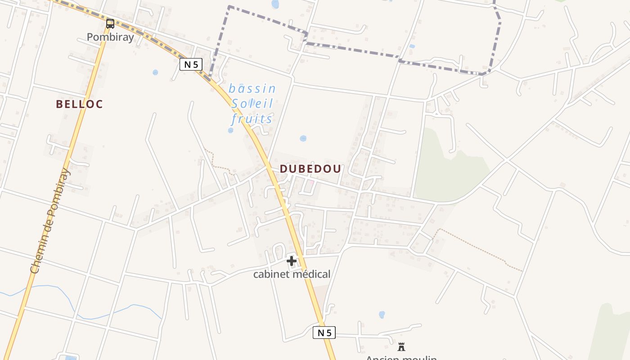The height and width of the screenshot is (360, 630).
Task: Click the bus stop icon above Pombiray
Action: click(x=110, y=23)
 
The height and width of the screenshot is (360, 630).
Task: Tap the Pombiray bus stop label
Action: click(x=110, y=37)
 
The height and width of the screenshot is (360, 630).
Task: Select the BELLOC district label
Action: click(x=79, y=104)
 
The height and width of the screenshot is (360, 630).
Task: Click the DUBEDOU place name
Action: click(x=310, y=169)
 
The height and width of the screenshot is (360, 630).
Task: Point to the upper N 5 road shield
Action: click(x=191, y=64)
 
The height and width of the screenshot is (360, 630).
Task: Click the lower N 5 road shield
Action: click(x=324, y=333)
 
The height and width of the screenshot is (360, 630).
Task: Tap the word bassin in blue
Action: click(x=252, y=89)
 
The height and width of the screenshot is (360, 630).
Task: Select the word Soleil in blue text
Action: click(x=252, y=104)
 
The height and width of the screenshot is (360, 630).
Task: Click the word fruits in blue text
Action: click(x=252, y=119)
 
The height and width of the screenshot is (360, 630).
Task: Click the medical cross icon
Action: click(x=291, y=261)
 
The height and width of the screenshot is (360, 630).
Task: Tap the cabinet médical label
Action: click(x=292, y=274)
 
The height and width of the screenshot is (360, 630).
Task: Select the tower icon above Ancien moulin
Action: click(x=401, y=346)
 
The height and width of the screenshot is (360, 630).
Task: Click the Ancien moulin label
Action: click(x=401, y=358)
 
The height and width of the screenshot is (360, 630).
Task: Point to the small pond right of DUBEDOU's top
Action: click(x=303, y=139)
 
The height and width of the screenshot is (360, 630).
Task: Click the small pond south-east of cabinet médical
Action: click(x=382, y=315)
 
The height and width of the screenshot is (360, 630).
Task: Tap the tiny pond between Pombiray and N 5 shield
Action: click(x=155, y=72)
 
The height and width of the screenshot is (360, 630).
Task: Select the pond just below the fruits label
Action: click(x=231, y=130)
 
